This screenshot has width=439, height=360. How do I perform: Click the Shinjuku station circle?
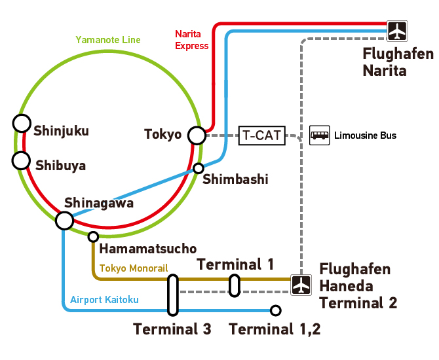(x=22, y=123)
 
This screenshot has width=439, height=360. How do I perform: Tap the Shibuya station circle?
(x=21, y=160)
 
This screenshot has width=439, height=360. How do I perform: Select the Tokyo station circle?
(x=197, y=135)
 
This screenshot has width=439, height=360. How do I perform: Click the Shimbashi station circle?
(x=199, y=168)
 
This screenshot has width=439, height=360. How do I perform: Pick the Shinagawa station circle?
(x=64, y=221)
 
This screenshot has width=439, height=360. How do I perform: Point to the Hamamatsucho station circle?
(x=93, y=237)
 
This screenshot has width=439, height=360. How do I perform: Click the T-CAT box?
(x=262, y=135)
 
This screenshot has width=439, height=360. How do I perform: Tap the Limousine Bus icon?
(x=320, y=135)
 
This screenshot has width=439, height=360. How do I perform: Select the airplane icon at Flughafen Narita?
(x=397, y=31)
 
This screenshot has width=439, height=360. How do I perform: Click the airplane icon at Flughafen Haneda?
(x=301, y=285)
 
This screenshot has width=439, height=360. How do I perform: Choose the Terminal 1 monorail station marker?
(x=235, y=285)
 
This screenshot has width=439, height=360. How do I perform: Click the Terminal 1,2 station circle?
(x=275, y=310)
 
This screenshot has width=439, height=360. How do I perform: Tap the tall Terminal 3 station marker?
(x=173, y=295)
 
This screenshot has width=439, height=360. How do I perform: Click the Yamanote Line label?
(x=108, y=40)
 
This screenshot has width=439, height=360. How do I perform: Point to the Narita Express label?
(x=192, y=40)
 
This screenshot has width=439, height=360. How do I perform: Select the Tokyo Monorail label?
(x=134, y=268)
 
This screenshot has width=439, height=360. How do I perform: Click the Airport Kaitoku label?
(x=104, y=300)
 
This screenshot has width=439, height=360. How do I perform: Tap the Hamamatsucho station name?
(x=148, y=248)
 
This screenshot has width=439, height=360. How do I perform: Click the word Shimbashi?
(x=235, y=179)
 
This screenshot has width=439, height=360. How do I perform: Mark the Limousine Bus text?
(x=365, y=135)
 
